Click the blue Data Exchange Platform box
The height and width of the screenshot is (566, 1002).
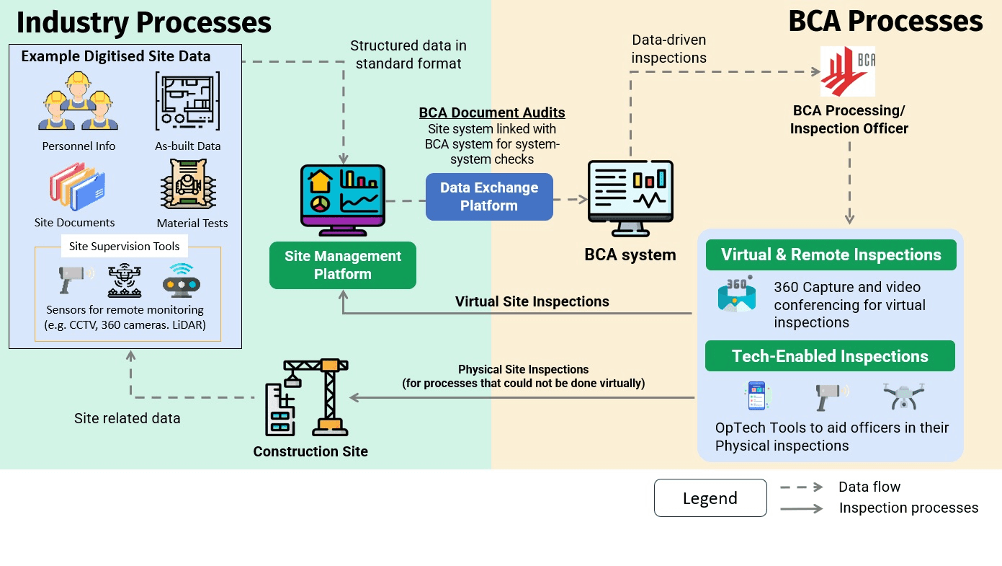click(489, 197)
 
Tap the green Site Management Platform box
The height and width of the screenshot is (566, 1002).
click(343, 265)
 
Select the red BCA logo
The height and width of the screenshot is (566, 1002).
click(848, 71)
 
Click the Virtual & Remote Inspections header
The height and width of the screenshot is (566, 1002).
click(831, 255)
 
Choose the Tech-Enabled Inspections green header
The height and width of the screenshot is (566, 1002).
click(830, 357)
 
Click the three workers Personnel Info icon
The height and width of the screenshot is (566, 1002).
click(79, 102)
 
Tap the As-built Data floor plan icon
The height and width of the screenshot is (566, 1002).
click(188, 101)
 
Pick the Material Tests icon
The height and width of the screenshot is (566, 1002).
click(188, 185)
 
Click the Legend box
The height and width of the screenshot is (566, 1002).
click(710, 498)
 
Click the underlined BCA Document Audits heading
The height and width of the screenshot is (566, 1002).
click(492, 113)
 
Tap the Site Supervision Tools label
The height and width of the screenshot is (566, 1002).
click(124, 247)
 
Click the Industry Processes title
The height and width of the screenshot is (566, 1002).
click(144, 22)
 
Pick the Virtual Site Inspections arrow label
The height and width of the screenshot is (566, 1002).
click(532, 301)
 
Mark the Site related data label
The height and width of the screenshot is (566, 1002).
click(128, 418)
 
